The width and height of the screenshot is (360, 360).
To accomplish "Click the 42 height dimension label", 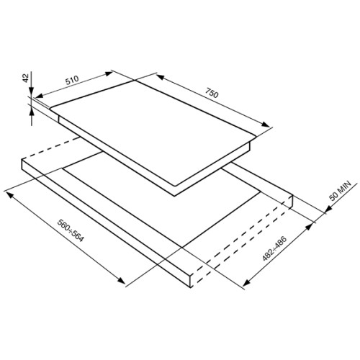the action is coord(25,78).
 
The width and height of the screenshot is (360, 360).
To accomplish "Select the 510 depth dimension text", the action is coord(72,80).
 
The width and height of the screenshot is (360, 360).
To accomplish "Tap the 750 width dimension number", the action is coord(212,93).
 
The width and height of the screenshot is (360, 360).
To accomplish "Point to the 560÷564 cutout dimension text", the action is coord(70,230).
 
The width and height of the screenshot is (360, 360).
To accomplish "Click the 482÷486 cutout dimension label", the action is coord(274,248).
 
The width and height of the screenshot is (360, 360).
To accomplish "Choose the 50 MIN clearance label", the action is coord(340,191).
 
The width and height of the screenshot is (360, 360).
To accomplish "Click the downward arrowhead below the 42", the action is coord(32,92).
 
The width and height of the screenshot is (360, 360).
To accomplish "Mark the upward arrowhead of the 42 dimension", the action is coord(32,112).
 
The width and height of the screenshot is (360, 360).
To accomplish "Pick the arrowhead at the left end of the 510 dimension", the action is coord(40,96).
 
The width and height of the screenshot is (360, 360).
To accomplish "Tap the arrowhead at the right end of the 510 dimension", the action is coord(109,73).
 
